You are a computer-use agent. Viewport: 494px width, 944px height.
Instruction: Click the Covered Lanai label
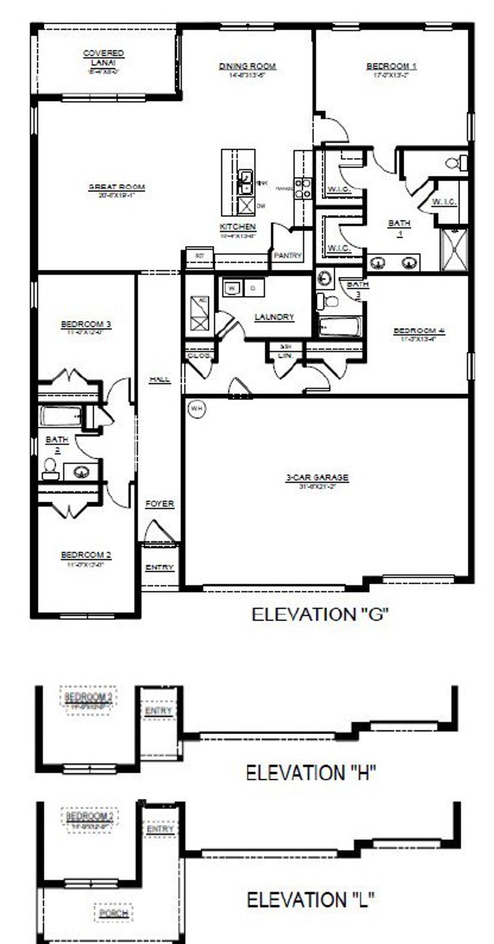coord(103,58)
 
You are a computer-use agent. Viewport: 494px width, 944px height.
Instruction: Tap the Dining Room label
coord(247,66)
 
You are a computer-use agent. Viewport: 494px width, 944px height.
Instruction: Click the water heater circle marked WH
coord(197,408)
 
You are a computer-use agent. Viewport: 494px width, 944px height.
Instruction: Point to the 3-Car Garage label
coord(317,478)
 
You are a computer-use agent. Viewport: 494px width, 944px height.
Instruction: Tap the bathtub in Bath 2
coord(61,416)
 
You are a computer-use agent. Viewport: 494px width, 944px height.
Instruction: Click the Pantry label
coord(288,255)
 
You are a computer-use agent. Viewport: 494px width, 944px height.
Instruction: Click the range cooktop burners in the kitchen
coord(303,188)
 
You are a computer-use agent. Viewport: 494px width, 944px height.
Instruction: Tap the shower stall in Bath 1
coord(454,249)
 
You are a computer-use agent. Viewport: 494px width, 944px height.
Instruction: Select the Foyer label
coord(159,504)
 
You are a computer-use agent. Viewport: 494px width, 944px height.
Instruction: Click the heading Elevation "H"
coord(311,772)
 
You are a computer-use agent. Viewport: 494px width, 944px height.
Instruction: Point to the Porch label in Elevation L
coord(113,913)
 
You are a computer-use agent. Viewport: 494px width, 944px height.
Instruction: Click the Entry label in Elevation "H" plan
coord(158,711)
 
